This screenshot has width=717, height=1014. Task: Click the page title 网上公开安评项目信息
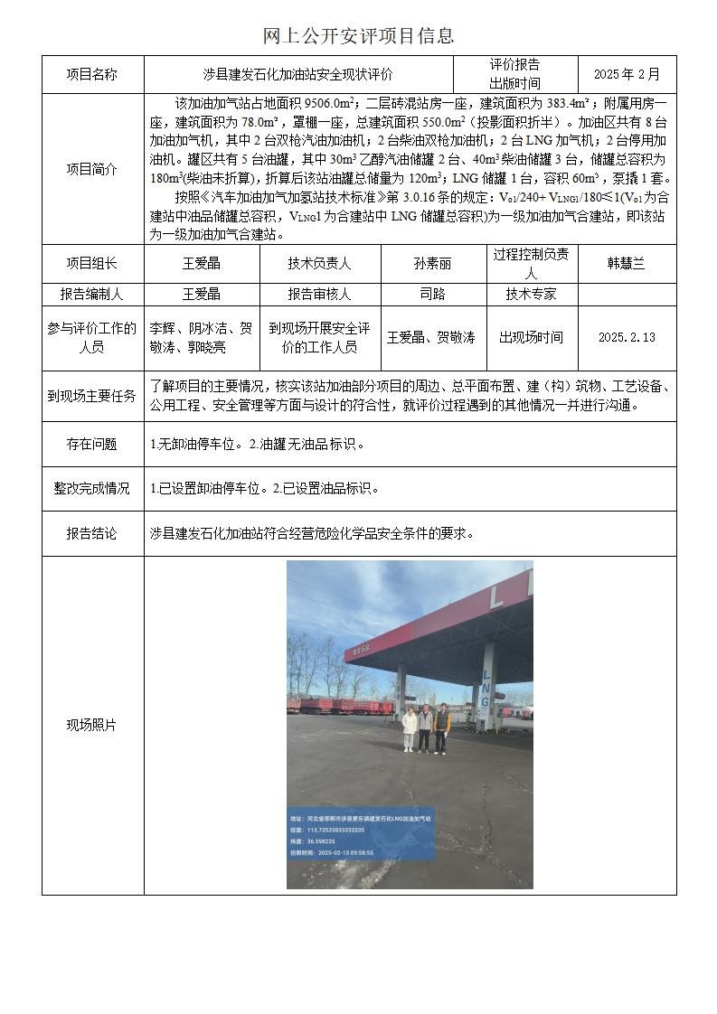click(358, 35)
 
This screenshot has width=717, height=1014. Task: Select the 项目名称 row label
click(92, 74)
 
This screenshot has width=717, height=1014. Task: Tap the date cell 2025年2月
click(627, 74)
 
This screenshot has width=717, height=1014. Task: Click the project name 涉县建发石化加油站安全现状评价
click(297, 74)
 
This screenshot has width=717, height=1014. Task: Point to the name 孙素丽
click(432, 264)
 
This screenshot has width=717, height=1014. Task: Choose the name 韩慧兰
click(626, 264)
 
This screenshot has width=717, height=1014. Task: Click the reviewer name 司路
click(432, 294)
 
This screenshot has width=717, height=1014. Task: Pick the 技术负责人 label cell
click(319, 264)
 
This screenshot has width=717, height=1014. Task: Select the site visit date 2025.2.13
click(626, 337)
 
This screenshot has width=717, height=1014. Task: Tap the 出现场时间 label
click(531, 337)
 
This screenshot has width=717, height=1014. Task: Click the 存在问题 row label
click(92, 444)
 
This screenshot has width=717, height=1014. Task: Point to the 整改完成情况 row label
click(92, 489)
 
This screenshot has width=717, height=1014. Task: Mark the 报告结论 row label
click(92, 533)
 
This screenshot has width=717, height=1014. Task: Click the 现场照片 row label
click(92, 725)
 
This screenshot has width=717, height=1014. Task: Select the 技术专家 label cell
click(531, 294)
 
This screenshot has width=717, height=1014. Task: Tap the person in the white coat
click(410, 729)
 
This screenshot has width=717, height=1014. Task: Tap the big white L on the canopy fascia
click(495, 596)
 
